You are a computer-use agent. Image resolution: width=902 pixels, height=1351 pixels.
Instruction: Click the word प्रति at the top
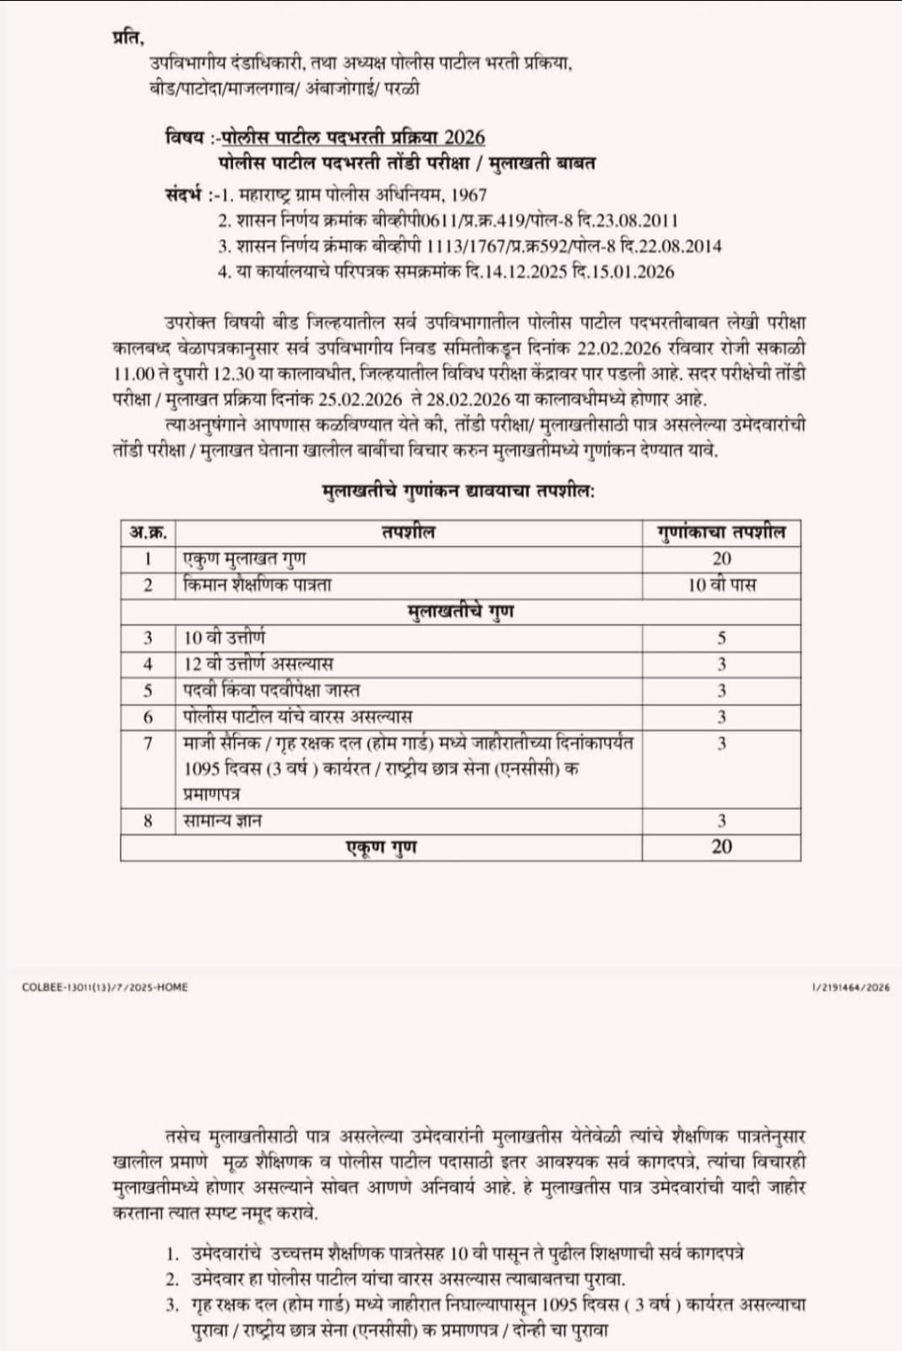128,39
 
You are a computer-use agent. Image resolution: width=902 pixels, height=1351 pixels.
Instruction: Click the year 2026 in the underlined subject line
464,137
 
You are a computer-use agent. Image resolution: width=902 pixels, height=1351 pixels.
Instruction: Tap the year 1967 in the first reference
470,194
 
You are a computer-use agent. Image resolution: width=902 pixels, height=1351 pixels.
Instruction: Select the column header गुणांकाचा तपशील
721,532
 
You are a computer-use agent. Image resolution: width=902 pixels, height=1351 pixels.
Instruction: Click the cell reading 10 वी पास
721,584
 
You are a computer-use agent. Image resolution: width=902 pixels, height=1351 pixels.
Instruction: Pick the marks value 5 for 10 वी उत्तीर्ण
721,638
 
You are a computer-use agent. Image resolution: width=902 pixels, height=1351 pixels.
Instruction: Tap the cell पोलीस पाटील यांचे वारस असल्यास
297,717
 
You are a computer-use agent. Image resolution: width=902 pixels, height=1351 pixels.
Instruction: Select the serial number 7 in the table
148,743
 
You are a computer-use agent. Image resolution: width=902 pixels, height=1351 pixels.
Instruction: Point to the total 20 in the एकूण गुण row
721,847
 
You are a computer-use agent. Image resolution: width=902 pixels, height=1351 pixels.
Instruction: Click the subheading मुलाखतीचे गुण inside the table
460,610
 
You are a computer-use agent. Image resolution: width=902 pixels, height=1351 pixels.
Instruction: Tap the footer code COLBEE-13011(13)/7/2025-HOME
105,986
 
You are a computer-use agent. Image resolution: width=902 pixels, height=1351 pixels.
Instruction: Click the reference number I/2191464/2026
850,986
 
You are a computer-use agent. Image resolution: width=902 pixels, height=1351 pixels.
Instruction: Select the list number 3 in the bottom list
172,1305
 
